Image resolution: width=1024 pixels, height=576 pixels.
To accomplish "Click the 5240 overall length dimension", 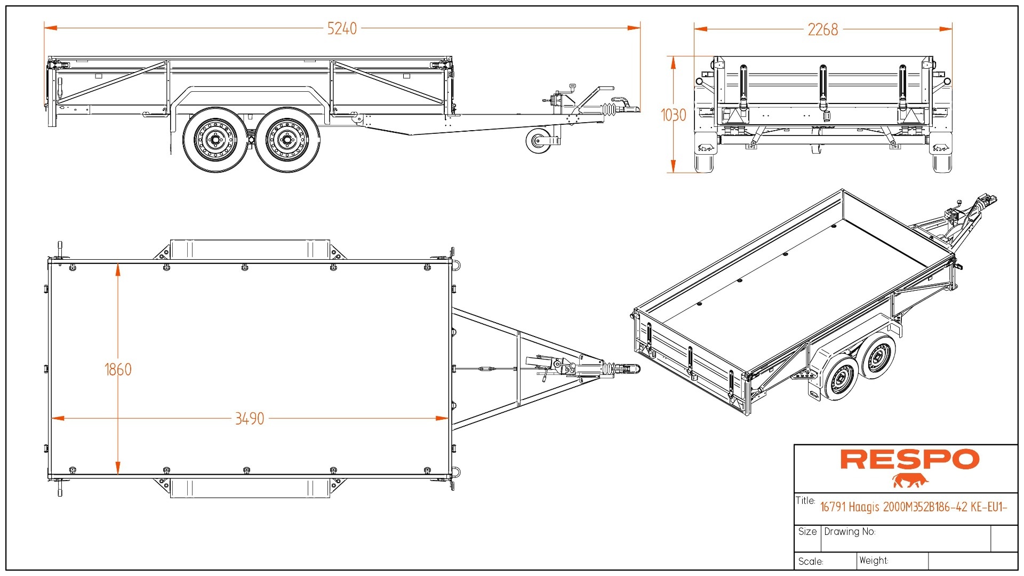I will [342, 28].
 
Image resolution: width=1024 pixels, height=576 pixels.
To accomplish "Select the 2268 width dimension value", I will [822, 29].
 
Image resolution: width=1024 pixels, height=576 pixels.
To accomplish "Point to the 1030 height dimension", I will [673, 115].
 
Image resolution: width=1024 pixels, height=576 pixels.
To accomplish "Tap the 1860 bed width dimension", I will [118, 369].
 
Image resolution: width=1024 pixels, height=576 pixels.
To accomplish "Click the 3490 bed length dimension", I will [250, 419].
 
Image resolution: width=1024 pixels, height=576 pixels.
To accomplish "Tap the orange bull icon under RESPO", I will [910, 481].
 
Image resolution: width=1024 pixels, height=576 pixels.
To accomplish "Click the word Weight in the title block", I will [874, 561].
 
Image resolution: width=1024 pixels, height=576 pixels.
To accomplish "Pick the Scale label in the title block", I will [811, 562].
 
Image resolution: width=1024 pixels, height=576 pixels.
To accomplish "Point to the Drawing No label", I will [850, 532].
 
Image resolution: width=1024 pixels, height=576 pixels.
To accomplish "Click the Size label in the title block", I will [807, 532].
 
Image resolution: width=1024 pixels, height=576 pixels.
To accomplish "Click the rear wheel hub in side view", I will [215, 140].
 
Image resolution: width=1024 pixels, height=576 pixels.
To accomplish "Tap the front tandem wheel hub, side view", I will [286, 140].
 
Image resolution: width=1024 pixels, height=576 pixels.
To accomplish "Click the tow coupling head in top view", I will [633, 369].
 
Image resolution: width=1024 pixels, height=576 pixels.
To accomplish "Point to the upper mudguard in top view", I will [249, 249].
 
